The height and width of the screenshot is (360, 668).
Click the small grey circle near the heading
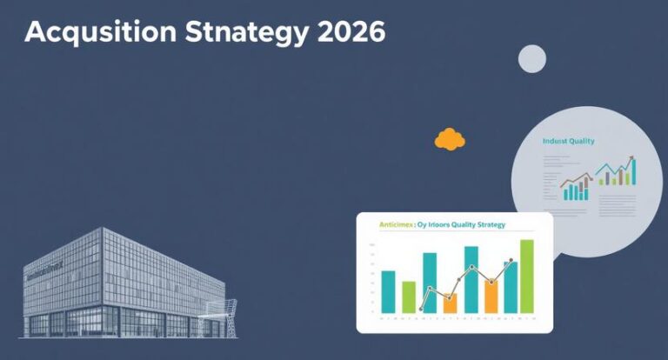[531, 58]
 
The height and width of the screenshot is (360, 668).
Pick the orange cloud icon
[450, 138]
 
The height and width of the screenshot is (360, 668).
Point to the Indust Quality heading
[568, 141]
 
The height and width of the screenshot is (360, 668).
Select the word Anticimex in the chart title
[397, 225]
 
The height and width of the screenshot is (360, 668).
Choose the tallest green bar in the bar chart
[526, 276]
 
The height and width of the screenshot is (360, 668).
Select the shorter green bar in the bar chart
[409, 297]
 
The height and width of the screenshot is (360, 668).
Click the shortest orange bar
[450, 303]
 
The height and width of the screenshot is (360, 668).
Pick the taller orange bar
[491, 296]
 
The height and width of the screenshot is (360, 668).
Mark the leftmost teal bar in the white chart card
[388, 291]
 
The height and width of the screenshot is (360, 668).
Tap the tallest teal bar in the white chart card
[471, 279]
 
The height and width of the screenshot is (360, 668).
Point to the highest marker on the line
[511, 260]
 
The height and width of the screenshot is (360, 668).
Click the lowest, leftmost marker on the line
[421, 309]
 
